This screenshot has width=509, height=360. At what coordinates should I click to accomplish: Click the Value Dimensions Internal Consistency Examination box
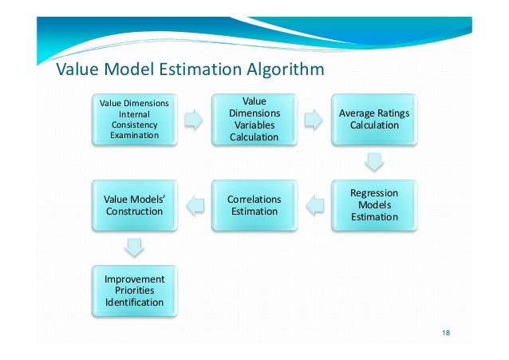tap(134, 119)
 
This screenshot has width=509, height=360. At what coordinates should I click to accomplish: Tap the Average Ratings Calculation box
tap(374, 120)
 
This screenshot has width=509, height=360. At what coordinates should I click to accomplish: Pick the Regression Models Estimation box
tap(374, 205)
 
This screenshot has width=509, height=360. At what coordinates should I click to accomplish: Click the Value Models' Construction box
tap(134, 205)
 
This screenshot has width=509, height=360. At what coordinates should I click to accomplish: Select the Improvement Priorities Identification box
tap(134, 291)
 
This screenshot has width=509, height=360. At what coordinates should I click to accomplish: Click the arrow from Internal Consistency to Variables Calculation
tap(194, 120)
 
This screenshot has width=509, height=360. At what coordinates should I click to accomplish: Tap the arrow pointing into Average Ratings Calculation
tap(314, 120)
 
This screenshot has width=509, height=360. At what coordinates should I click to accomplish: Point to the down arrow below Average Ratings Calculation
tap(374, 163)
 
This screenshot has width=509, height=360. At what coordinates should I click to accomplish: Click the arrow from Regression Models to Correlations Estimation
tap(314, 206)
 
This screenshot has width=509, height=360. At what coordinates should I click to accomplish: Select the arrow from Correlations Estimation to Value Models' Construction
tap(194, 206)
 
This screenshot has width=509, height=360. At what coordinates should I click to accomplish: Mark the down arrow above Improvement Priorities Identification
tap(134, 248)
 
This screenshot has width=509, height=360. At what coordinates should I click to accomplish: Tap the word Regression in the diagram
tap(374, 193)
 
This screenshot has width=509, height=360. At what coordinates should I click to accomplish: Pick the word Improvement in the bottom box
tap(134, 279)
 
